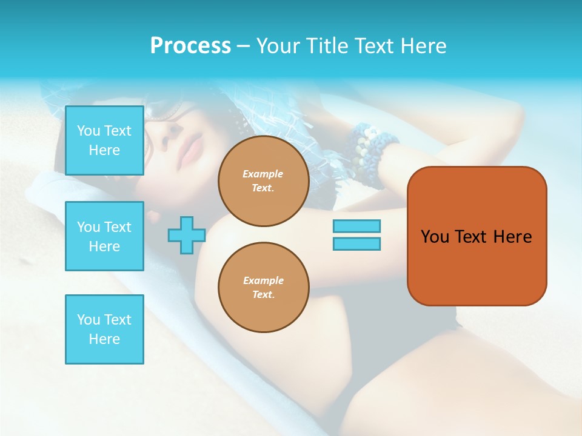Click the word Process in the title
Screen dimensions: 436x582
(190, 46)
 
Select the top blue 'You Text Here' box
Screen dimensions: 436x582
(104, 140)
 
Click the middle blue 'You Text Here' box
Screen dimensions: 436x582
(104, 236)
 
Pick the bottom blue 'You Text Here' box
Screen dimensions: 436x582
(104, 329)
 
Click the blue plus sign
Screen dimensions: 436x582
(187, 235)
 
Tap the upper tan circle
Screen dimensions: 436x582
(263, 181)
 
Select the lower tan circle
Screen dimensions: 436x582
(263, 288)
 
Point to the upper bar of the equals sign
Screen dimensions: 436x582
(356, 226)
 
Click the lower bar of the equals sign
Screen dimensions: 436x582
(356, 243)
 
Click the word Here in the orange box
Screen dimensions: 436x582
(512, 237)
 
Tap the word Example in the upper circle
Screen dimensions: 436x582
(263, 174)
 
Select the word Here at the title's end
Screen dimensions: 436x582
(424, 46)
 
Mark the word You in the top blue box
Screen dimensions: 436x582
(89, 131)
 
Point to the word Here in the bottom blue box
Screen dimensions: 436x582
(104, 339)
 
